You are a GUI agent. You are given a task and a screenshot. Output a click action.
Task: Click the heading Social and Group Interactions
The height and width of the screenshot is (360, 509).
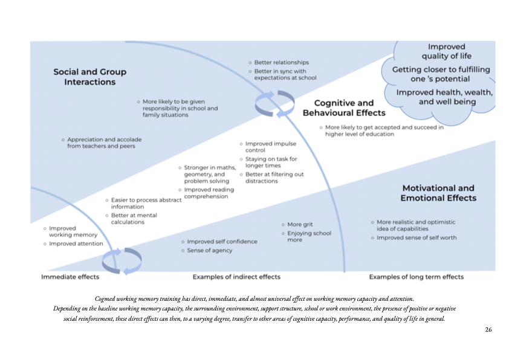pyautogui.click(x=89, y=77)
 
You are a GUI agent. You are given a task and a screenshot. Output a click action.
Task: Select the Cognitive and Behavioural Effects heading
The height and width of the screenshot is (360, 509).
pyautogui.click(x=343, y=108)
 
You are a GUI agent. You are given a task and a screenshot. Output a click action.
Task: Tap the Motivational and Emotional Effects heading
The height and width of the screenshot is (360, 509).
pyautogui.click(x=438, y=193)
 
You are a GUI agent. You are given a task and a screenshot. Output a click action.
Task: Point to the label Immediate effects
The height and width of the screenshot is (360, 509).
pyautogui.click(x=70, y=277)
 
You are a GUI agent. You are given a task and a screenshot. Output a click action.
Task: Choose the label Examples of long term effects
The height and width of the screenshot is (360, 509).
pyautogui.click(x=416, y=277)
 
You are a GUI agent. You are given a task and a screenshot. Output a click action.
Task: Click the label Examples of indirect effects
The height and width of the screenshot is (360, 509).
pyautogui.click(x=236, y=277)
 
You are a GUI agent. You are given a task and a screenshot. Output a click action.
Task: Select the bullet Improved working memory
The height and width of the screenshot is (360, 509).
pyautogui.click(x=71, y=231)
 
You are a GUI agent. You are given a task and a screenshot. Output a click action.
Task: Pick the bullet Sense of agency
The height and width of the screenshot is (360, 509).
pyautogui.click(x=209, y=250)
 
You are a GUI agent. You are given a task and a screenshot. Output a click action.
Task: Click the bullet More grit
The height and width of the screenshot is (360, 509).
pyautogui.click(x=300, y=224)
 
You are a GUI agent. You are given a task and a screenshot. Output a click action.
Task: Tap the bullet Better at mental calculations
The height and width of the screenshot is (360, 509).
pyautogui.click(x=134, y=218)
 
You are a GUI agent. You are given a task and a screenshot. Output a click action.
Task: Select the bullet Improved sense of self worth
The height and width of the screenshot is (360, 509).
pyautogui.click(x=417, y=237)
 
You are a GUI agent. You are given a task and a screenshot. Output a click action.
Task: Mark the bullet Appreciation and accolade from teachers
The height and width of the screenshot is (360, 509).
pyautogui.click(x=104, y=143)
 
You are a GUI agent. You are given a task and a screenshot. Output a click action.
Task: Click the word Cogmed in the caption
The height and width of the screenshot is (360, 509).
pyautogui.click(x=106, y=299)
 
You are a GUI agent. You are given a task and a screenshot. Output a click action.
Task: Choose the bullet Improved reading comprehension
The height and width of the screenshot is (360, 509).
pyautogui.click(x=209, y=193)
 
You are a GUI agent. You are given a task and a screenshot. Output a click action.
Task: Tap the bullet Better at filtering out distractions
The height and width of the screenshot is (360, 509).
pyautogui.click(x=274, y=178)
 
